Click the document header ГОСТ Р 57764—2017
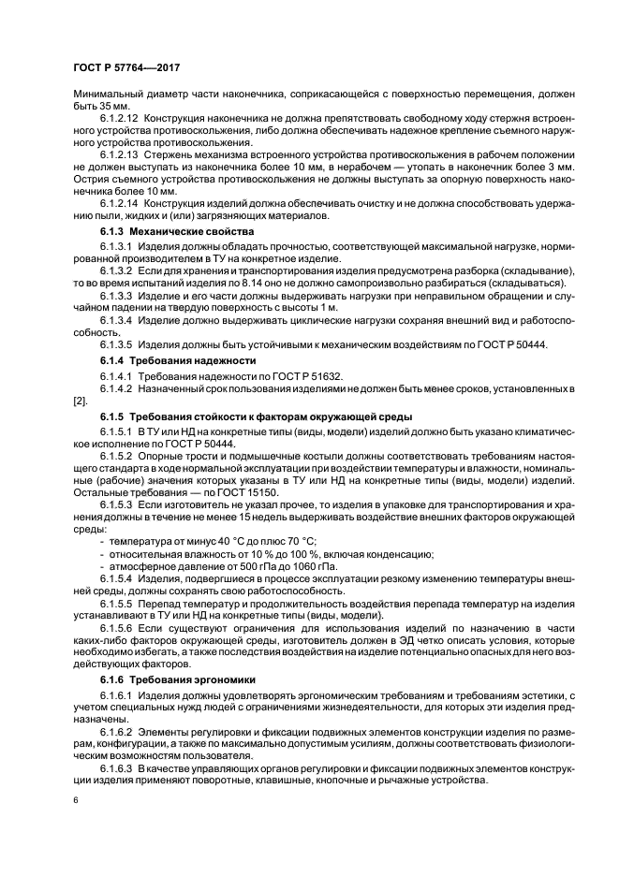[126, 67]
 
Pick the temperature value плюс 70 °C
[287, 541]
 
